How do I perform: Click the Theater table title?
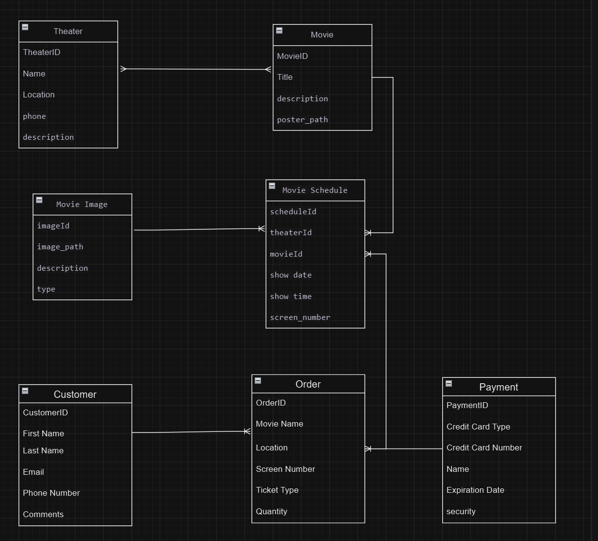coord(68,31)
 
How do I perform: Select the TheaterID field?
coord(41,52)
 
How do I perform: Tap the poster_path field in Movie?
coord(302,120)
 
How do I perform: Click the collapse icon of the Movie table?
coord(279,30)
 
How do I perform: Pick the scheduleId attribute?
coord(293,211)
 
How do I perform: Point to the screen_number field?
coord(300,317)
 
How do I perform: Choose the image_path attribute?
coord(60,247)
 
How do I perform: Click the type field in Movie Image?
coord(46,289)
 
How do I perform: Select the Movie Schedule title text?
coord(315,190)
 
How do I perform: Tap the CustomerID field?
coord(45,412)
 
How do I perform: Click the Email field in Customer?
coord(33,472)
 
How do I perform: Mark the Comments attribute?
coord(43,514)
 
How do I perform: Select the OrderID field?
coord(271,403)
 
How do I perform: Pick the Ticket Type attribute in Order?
coord(277,490)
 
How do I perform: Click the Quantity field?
coord(271,511)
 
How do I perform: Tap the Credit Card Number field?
coord(484,448)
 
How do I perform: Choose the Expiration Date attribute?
coord(475,490)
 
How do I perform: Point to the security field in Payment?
coord(461,511)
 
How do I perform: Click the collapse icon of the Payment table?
coord(448,383)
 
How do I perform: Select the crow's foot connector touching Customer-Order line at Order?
coord(247,431)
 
